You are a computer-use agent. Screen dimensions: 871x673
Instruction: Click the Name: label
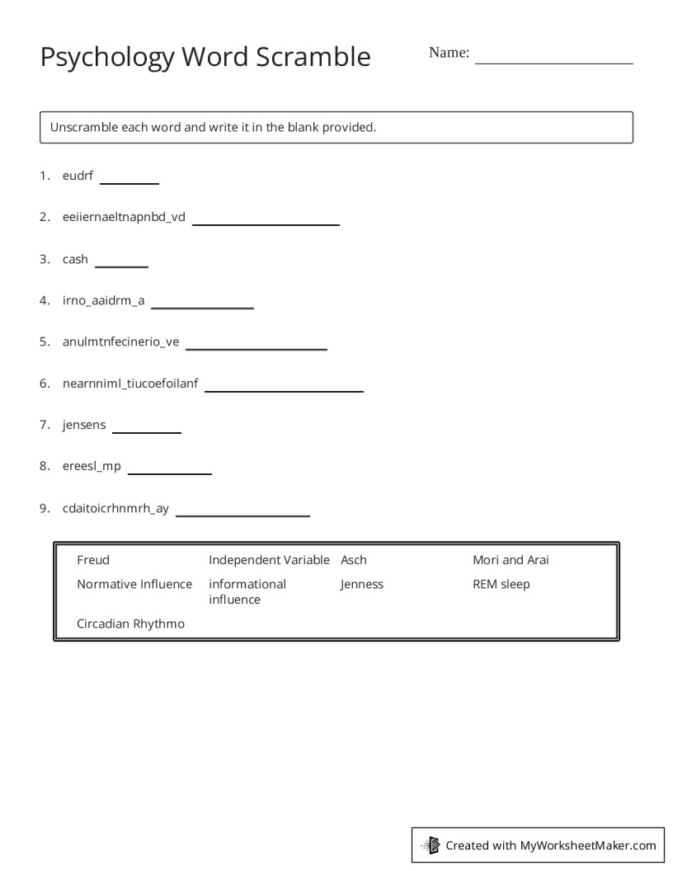pos(449,53)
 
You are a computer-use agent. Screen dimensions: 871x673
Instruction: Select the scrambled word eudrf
pos(78,176)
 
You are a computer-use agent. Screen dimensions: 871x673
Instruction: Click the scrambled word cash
pos(75,259)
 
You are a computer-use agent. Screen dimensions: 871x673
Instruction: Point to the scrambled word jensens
pos(84,425)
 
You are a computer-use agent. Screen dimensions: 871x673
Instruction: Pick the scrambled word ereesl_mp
pos(92,466)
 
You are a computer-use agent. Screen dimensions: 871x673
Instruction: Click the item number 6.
pos(44,384)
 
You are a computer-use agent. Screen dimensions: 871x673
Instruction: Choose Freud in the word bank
pos(93,560)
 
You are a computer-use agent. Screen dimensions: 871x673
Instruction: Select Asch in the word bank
pos(354,560)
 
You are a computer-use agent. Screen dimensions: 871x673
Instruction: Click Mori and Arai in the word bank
pos(511,560)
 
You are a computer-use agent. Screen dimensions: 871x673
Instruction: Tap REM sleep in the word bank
pos(501,584)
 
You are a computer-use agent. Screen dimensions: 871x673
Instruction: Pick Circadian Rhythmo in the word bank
pos(130,624)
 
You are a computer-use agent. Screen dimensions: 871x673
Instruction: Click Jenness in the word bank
pos(362,584)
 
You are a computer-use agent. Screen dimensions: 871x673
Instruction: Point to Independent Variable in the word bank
pos(269,560)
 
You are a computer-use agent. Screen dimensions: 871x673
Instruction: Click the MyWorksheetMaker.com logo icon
pos(431,845)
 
